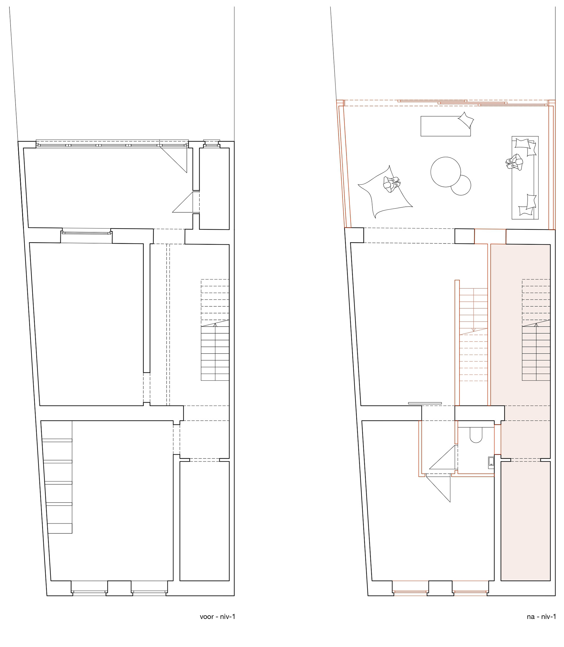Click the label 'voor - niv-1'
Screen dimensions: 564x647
click(217, 616)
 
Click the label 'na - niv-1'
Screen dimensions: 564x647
click(541, 616)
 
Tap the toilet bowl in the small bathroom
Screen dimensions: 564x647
click(476, 435)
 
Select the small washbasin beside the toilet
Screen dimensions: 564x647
click(491, 463)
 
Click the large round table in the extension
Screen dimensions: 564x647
click(446, 172)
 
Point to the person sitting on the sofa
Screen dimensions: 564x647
click(514, 162)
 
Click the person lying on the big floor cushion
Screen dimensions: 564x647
click(392, 184)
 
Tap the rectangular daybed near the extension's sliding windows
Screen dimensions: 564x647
click(446, 126)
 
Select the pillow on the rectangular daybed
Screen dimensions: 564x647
click(466, 120)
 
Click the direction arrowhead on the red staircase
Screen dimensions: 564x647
click(473, 330)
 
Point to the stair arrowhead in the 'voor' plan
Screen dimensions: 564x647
click(215, 325)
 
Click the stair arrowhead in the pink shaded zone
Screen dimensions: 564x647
click(536, 325)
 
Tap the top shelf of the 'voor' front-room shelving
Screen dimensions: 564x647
click(57, 440)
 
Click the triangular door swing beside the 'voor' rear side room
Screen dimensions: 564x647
click(182, 202)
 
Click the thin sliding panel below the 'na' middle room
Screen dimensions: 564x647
click(425, 403)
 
